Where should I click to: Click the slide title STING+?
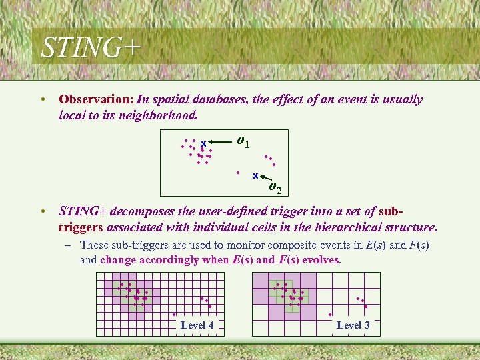(91, 48)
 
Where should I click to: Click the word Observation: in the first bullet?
(96, 100)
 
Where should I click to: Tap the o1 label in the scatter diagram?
(243, 141)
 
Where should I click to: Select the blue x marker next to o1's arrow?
(203, 143)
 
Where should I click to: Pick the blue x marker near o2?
(255, 176)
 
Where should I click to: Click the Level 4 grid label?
(197, 325)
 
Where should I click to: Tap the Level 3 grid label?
(353, 325)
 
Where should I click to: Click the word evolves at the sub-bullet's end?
(318, 259)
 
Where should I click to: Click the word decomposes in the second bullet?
(139, 212)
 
